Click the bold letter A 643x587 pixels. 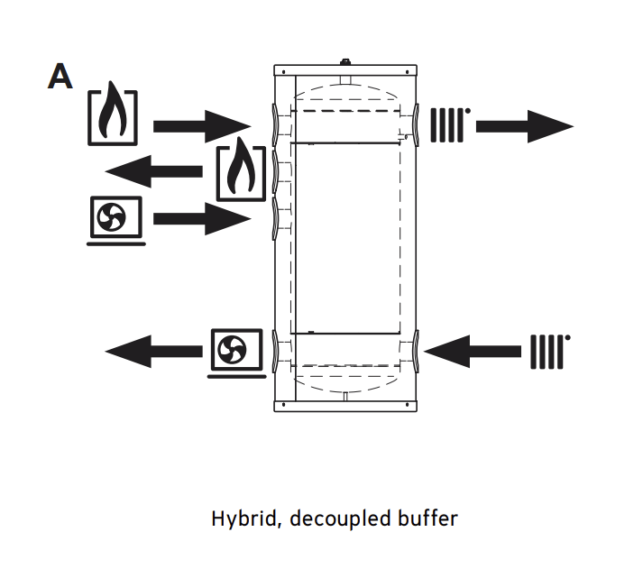pos(60,77)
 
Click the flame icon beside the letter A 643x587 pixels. pos(113,116)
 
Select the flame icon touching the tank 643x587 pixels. pos(241,170)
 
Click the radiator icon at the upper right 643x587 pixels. pos(451,125)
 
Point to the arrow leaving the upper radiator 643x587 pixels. pos(524,125)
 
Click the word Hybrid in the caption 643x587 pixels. pos(237,519)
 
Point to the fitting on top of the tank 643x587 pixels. pos(345,63)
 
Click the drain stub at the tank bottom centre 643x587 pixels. pos(345,398)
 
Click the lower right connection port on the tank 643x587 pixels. pos(414,350)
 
